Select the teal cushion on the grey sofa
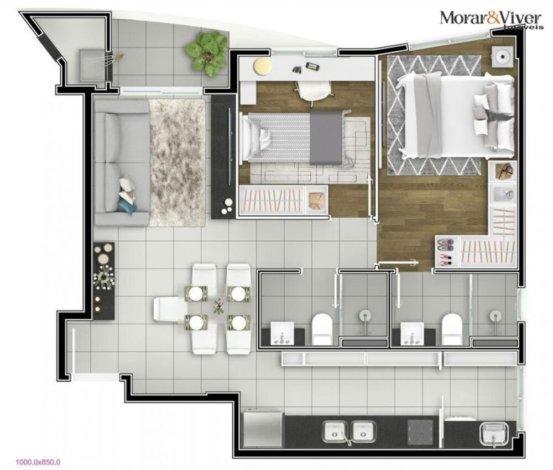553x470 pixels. (x=126, y=205)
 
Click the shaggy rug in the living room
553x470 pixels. (x=177, y=162)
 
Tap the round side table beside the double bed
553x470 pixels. (x=504, y=56)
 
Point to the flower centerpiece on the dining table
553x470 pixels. (x=219, y=305)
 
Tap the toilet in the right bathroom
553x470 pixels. (x=452, y=329)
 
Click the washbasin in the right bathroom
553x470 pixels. (x=411, y=334)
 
